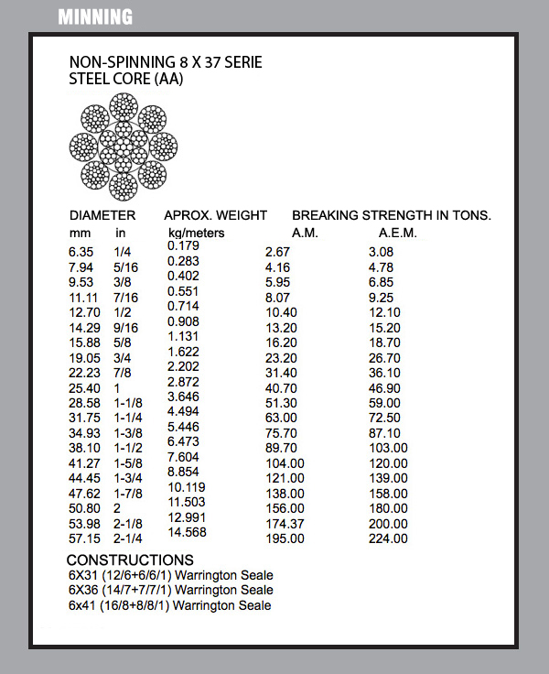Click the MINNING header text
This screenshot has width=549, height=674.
[x=95, y=16]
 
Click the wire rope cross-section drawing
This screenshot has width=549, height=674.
[x=123, y=152]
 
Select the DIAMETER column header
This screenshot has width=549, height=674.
[x=102, y=216]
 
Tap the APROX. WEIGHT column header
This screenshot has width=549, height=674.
[x=215, y=216]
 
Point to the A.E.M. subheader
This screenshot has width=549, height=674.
[x=397, y=233]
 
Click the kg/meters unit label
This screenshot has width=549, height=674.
[x=197, y=233]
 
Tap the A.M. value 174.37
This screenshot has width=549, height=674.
[x=285, y=523]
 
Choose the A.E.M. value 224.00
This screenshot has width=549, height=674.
[x=388, y=538]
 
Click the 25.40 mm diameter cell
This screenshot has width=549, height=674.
[x=84, y=388]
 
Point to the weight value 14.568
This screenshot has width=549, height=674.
[x=187, y=532]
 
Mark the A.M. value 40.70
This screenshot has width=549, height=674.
[x=280, y=388]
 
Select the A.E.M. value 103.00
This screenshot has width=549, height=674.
[x=388, y=448]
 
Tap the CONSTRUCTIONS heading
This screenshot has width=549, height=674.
[x=130, y=560]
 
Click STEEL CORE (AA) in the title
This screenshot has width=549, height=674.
[x=126, y=80]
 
